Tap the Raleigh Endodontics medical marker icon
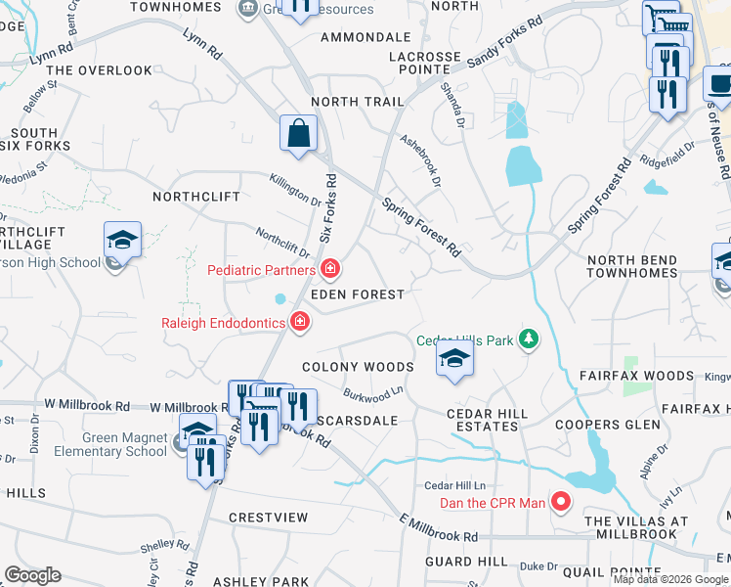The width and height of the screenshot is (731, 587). [x=300, y=321]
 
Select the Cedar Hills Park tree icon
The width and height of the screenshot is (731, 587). [x=529, y=339]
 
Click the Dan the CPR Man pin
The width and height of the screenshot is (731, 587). [x=561, y=503]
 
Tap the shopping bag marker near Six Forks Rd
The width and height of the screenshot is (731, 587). [x=298, y=134]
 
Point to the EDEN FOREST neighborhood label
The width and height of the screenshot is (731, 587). [x=357, y=294]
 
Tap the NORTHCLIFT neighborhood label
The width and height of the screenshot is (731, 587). [x=196, y=197]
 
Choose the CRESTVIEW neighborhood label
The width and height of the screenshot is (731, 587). [x=268, y=517]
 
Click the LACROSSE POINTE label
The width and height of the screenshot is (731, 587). [x=425, y=65]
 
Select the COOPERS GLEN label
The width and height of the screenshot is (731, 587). [x=602, y=425]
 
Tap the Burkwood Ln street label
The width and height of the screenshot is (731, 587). [x=373, y=393]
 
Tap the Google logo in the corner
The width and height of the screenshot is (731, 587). [x=32, y=575]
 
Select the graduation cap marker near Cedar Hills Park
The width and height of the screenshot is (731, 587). [x=454, y=360]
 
